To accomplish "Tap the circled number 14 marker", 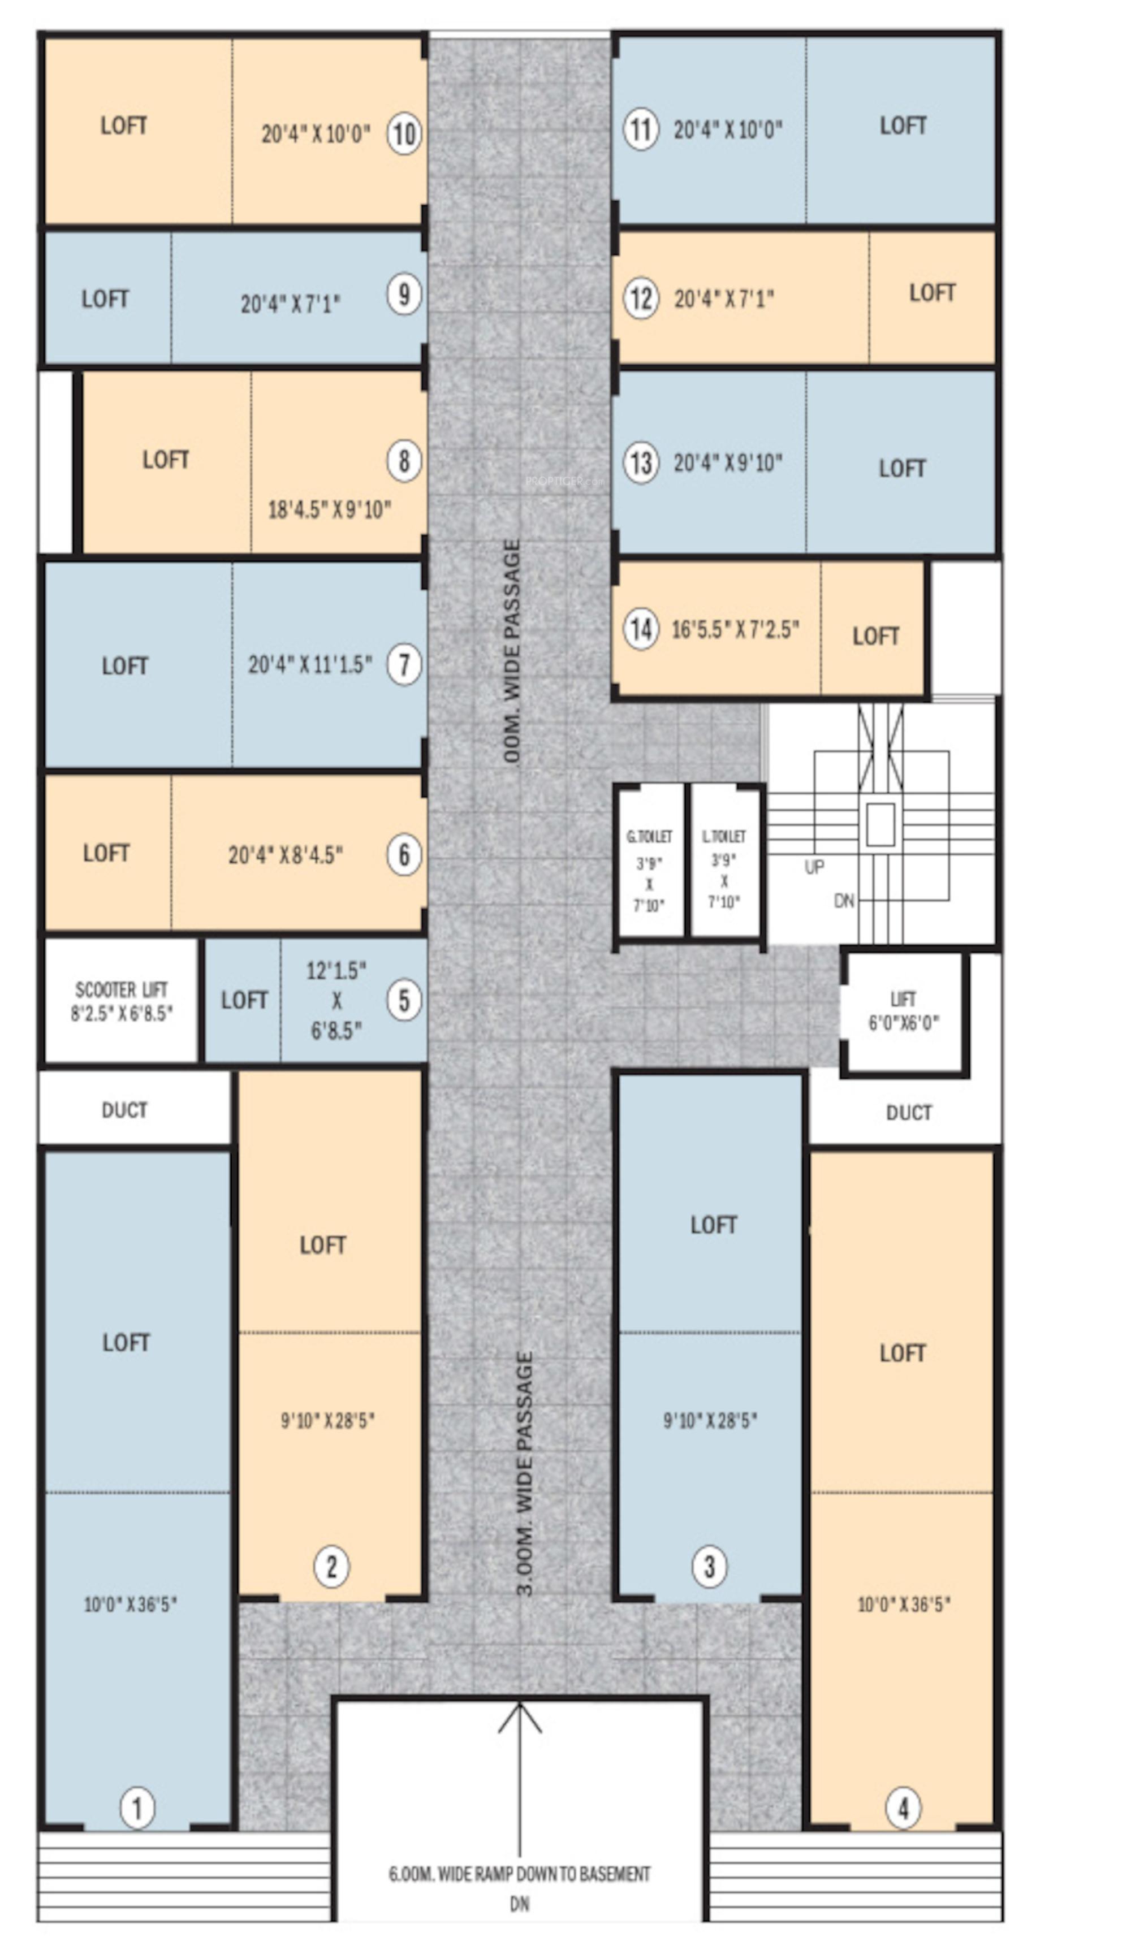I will [x=641, y=629].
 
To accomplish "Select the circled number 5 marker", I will [x=404, y=1001].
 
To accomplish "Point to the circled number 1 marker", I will [x=137, y=1808].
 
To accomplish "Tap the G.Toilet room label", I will [x=649, y=836].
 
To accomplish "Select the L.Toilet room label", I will [x=724, y=836].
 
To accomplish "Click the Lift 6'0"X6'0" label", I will [x=903, y=1011].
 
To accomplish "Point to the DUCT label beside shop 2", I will [x=124, y=1110].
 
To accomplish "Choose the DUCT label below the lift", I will [x=909, y=1112].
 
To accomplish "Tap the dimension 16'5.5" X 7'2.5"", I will [x=735, y=629].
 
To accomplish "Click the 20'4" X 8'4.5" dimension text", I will [x=285, y=855].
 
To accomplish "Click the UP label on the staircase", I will [x=814, y=867].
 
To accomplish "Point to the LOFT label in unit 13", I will [x=901, y=468].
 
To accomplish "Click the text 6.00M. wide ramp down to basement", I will [x=519, y=1874].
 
